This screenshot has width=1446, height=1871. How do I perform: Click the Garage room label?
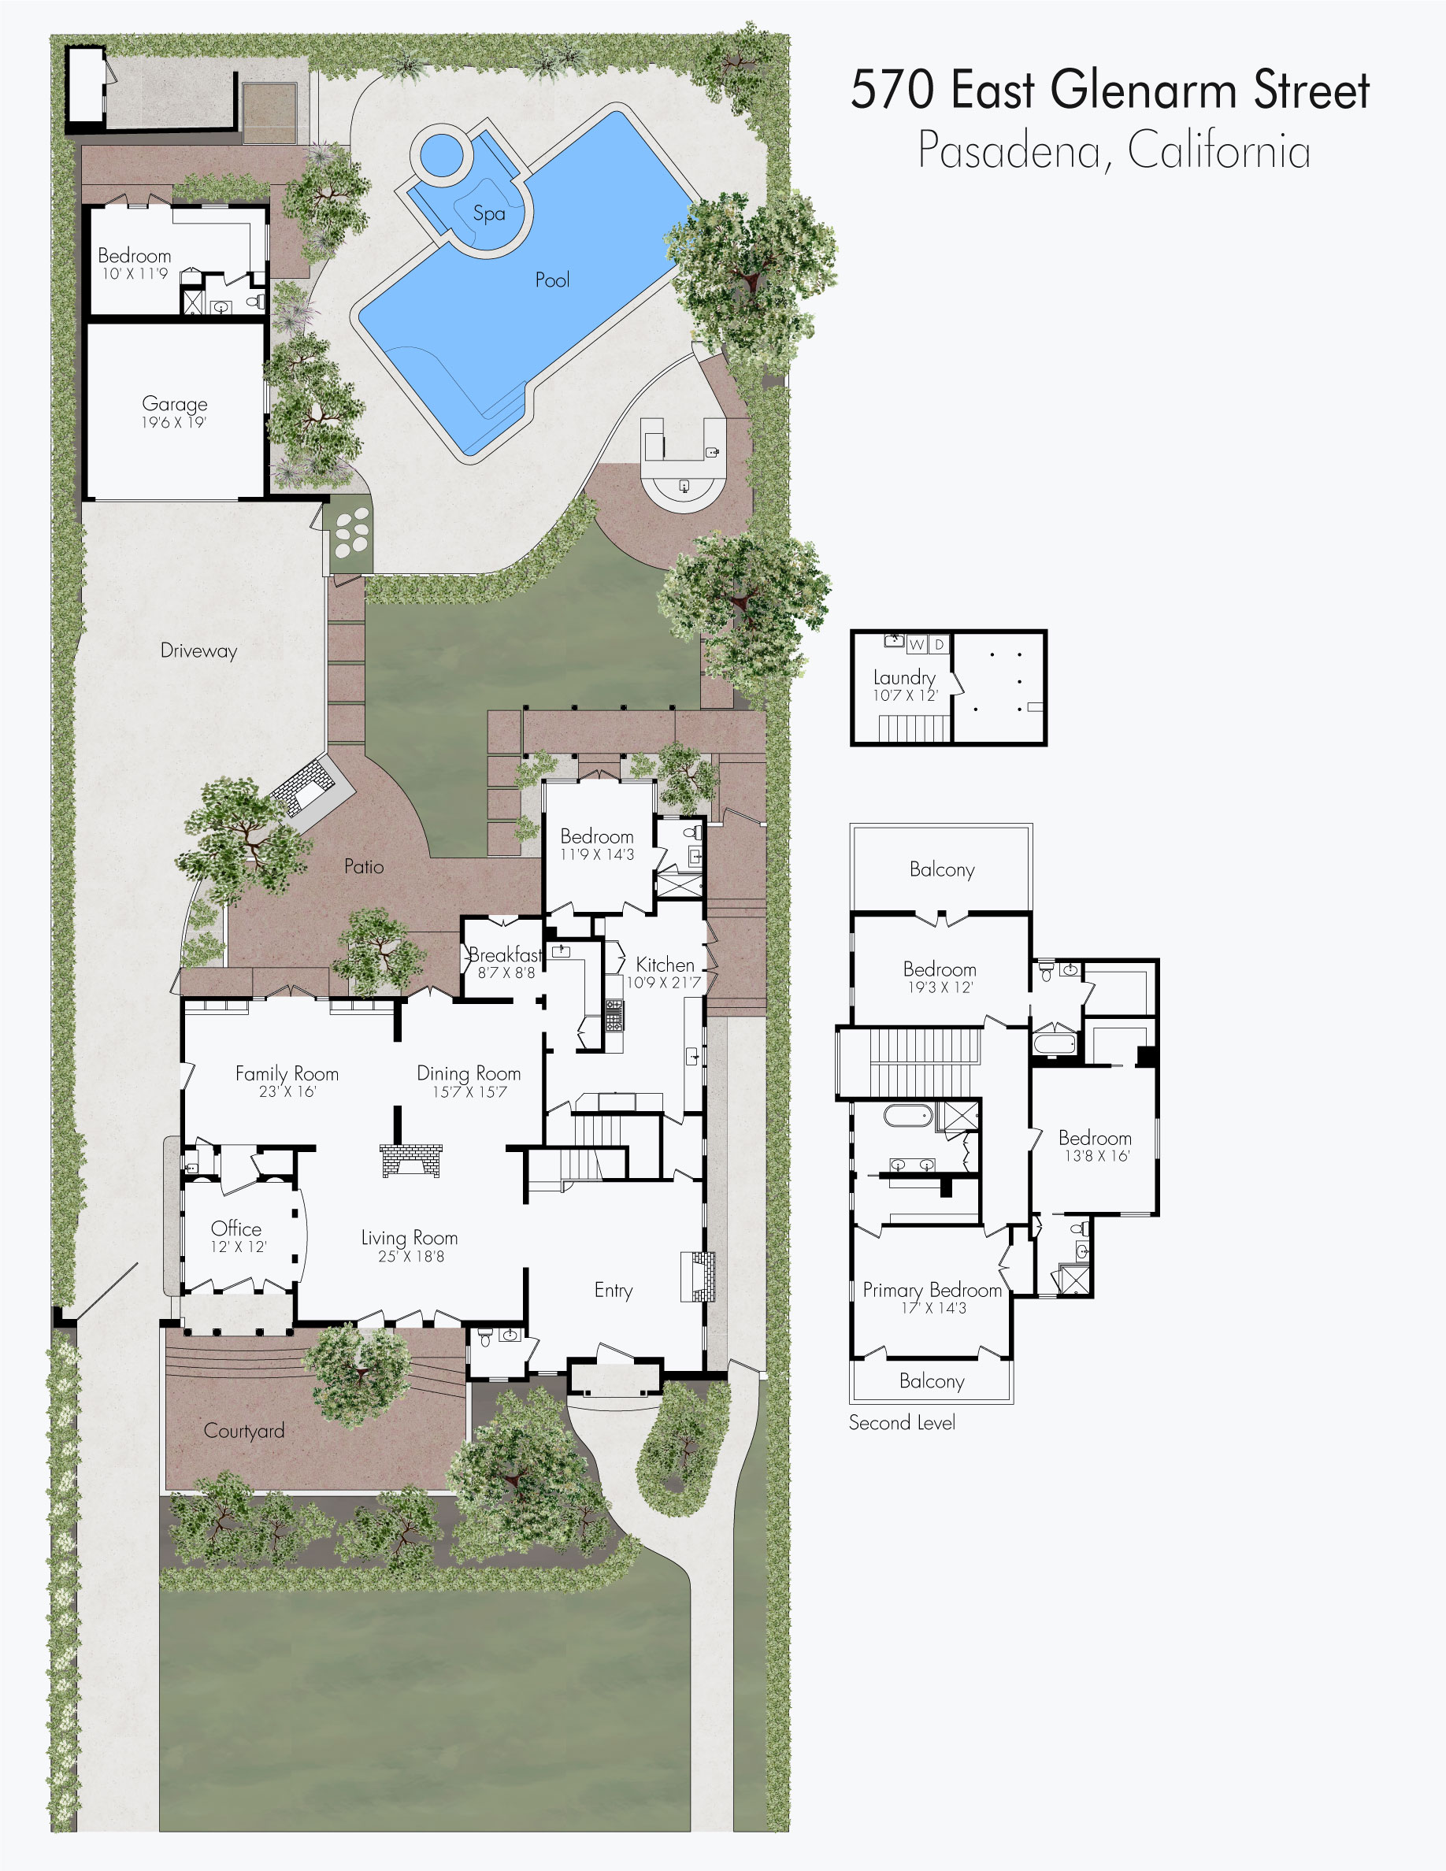[x=175, y=403]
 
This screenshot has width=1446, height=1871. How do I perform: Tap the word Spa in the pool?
[x=489, y=213]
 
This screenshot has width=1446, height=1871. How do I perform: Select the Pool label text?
[x=553, y=280]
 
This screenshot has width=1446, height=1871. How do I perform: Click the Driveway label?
[x=198, y=651]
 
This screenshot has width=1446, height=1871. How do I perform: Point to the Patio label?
[x=364, y=867]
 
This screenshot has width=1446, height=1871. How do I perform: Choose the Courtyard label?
[x=244, y=1432]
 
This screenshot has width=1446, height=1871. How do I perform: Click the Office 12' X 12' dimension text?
[x=239, y=1247]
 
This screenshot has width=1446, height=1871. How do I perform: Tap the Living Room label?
[x=410, y=1238]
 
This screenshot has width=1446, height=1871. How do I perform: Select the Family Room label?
[x=287, y=1074]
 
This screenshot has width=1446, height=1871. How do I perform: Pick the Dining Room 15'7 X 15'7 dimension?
[x=469, y=1092]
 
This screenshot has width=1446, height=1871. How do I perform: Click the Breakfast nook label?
[x=506, y=954]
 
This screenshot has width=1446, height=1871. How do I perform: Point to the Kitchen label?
[x=665, y=965]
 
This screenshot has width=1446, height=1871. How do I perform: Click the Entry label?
[x=614, y=1291]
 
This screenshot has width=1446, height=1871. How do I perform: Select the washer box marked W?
[x=917, y=644]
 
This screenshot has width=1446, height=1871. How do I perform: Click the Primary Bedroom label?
[x=932, y=1290]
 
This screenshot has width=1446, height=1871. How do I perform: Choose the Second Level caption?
[x=902, y=1423]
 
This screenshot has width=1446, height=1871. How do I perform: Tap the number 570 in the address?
[x=892, y=90]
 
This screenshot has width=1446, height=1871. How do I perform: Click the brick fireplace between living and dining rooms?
[x=411, y=1161]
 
